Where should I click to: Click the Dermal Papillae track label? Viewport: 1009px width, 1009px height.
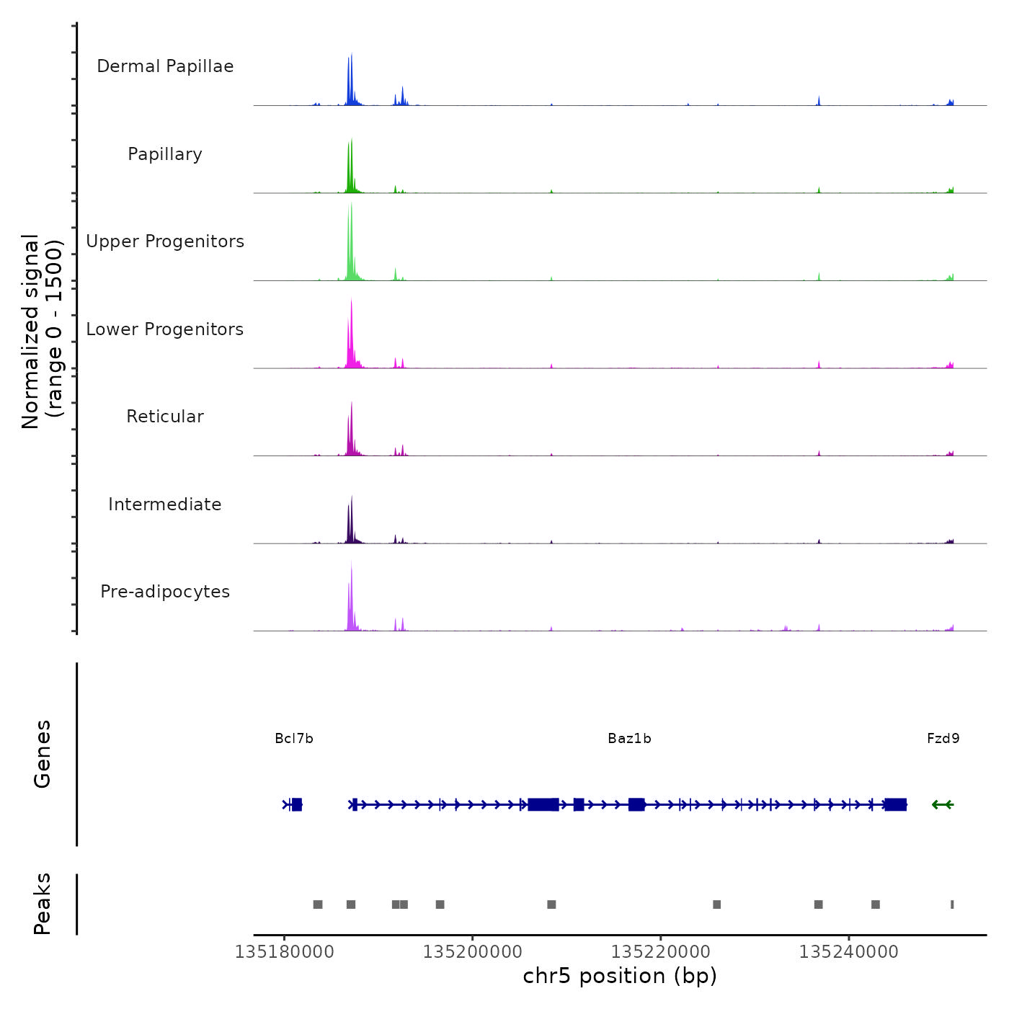(165, 66)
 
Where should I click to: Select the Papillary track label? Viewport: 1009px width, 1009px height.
(165, 154)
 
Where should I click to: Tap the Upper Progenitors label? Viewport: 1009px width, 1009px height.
(165, 241)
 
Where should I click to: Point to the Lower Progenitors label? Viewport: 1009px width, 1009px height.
(165, 329)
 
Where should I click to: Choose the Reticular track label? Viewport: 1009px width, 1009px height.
(165, 417)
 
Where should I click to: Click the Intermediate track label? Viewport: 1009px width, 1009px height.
(165, 504)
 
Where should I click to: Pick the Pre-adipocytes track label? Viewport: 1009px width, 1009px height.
(165, 592)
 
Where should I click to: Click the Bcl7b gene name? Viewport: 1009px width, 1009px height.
(294, 739)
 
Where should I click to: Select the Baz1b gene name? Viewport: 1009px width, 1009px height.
(629, 739)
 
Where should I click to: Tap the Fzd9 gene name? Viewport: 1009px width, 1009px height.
(943, 739)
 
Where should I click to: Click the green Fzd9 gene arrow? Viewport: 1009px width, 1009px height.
(943, 804)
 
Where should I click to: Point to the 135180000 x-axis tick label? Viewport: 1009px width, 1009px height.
(284, 952)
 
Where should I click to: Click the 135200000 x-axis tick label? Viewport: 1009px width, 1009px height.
(472, 952)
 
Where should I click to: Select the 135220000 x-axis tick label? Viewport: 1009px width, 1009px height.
(660, 952)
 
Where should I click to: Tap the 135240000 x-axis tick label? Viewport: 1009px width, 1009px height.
(848, 952)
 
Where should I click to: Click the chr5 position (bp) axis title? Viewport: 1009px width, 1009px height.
(620, 977)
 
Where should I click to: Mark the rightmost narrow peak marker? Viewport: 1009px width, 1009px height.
(952, 904)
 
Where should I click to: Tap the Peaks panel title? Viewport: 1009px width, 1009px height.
(42, 904)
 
